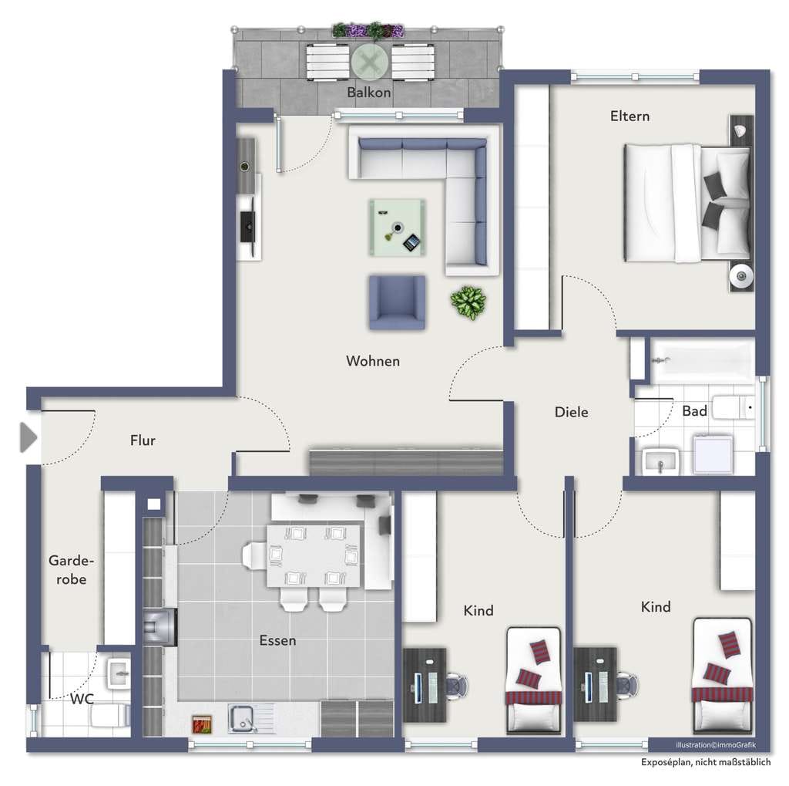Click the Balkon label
[x=369, y=93]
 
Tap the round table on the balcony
[x=371, y=62]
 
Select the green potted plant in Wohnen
[x=468, y=302]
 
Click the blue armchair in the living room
[x=397, y=302]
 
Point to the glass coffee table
[x=397, y=228]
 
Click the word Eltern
[x=630, y=116]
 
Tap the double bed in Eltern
[x=687, y=203]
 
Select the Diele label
[x=571, y=412]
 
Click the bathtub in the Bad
[x=703, y=361]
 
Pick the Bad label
[x=694, y=411]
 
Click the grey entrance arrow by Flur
[x=29, y=437]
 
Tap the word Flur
[x=143, y=440]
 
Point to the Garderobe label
[x=71, y=570]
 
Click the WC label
[x=82, y=699]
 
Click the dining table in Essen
[x=314, y=555]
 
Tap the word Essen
[x=277, y=640]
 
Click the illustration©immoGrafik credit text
[x=716, y=744]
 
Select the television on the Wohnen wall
[x=248, y=227]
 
